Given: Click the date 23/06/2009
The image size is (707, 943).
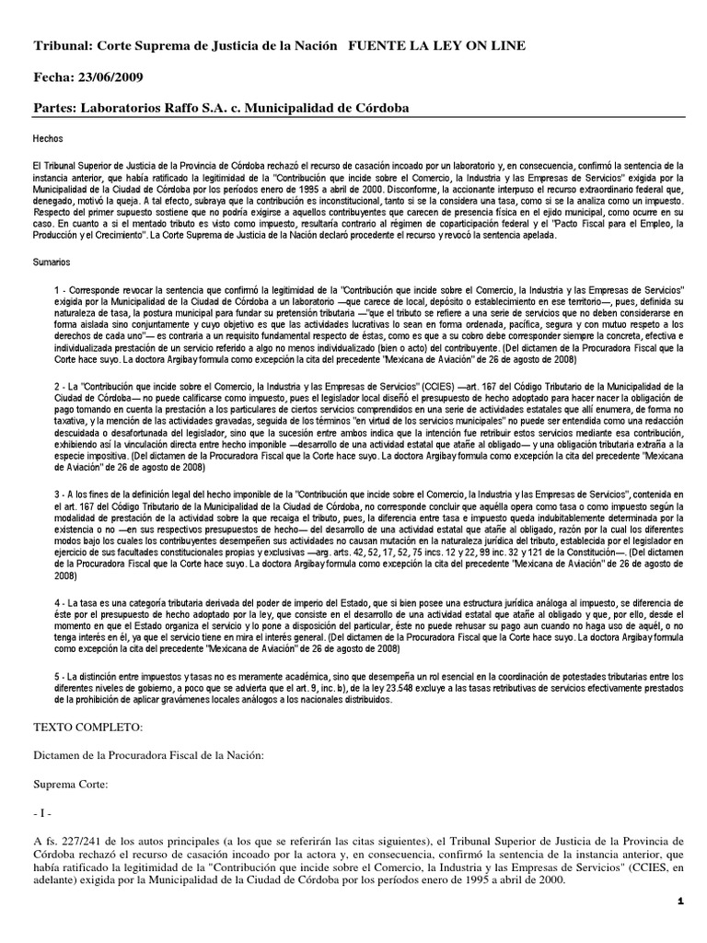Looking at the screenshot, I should click(110, 76).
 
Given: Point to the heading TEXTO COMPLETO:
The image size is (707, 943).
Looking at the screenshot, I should click(87, 728).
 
